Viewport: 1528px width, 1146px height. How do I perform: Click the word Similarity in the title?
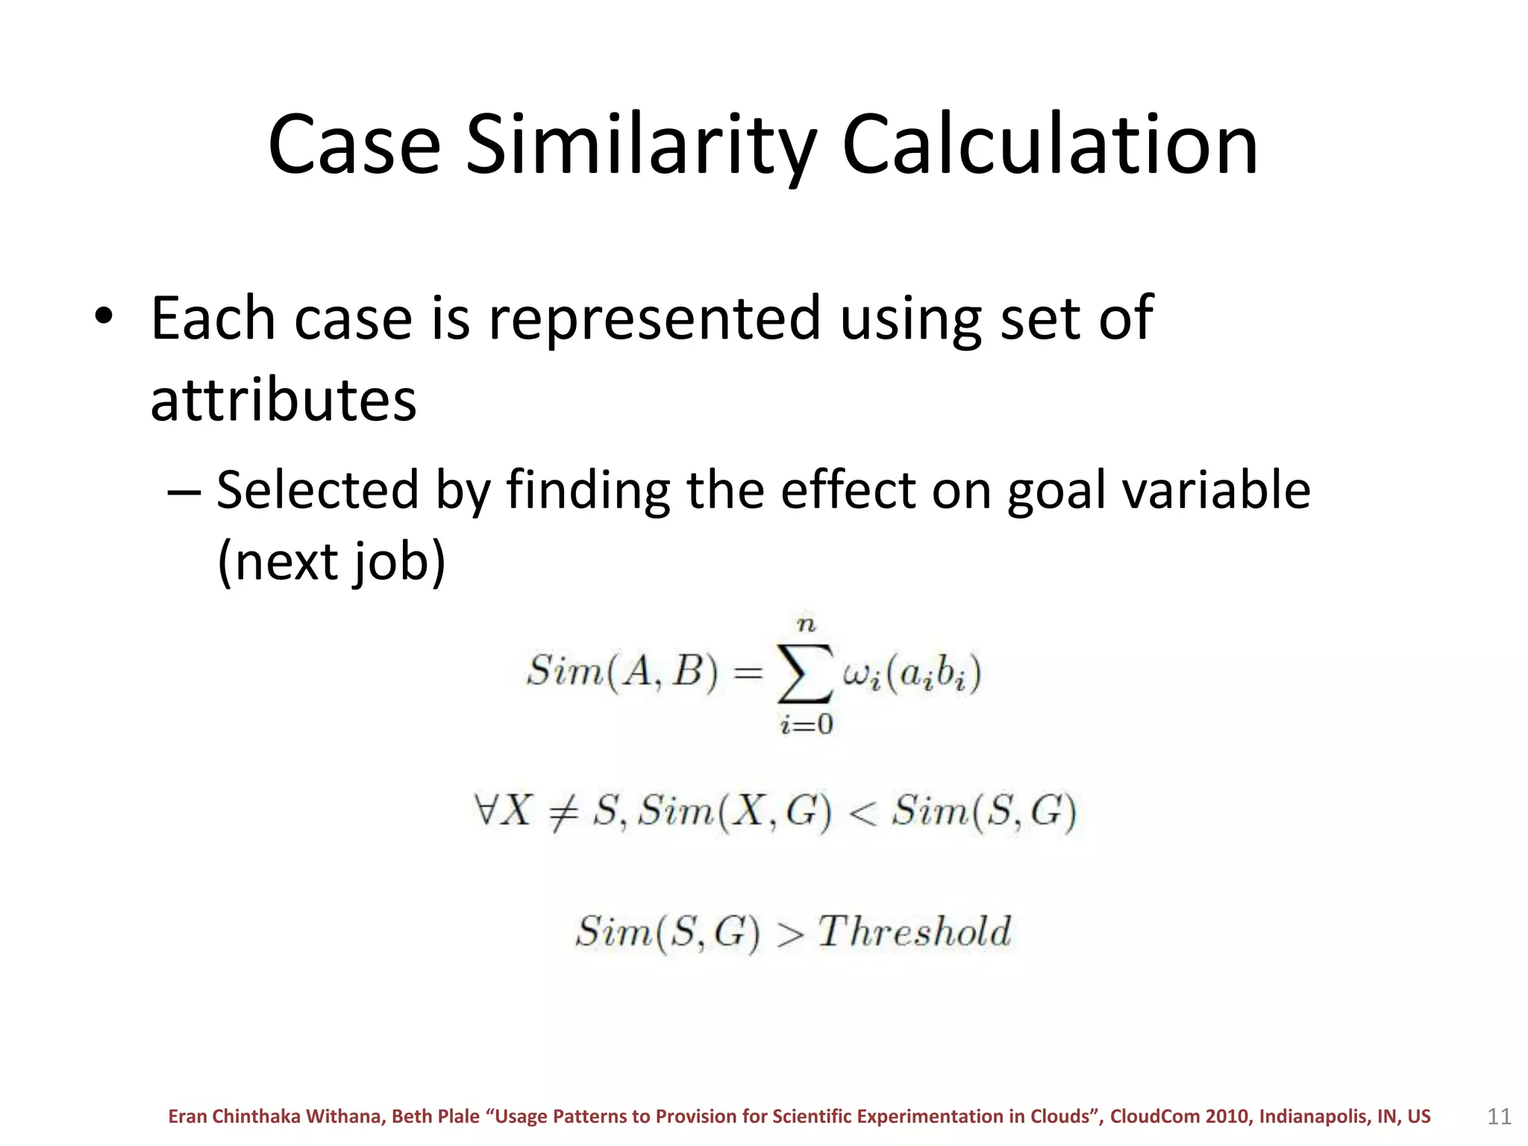pos(642,145)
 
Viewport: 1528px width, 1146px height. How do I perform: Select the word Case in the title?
pos(354,145)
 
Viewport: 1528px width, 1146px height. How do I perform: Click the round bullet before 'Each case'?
pos(104,316)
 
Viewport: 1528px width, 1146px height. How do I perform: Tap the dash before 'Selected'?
pos(184,492)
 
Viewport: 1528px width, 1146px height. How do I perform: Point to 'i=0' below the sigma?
pos(806,724)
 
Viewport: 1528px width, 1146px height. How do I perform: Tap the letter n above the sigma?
pos(807,624)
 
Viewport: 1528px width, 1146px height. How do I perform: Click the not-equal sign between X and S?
pos(563,812)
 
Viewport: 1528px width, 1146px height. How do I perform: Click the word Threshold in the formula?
pos(914,932)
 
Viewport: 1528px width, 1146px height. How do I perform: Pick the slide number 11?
pos(1499,1117)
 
